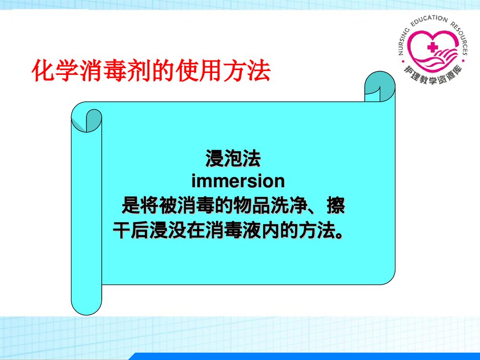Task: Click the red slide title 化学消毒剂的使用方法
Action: pyautogui.click(x=150, y=71)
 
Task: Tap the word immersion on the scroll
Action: pyautogui.click(x=238, y=181)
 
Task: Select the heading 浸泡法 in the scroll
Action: pyautogui.click(x=233, y=158)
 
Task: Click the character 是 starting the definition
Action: pyautogui.click(x=130, y=207)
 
